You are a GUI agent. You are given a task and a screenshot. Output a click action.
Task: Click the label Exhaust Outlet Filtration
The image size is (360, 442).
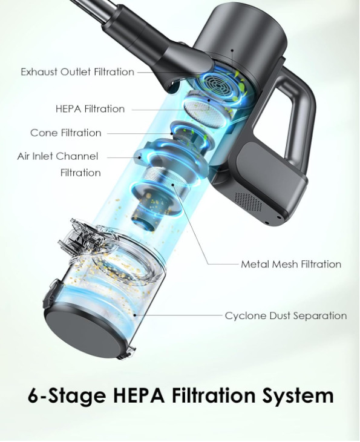point(77,72)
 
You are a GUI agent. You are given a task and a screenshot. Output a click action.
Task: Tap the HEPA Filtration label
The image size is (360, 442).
point(90,109)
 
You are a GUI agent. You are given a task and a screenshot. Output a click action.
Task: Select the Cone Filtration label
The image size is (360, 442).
point(66,133)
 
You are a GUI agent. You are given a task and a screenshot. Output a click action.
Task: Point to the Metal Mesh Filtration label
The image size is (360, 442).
point(291,264)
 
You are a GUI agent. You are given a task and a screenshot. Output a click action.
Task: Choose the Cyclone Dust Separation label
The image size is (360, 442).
point(286,315)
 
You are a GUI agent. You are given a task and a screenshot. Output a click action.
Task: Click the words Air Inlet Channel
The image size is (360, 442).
point(57,156)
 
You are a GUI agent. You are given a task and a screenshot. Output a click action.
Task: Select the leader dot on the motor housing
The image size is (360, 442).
point(232,50)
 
